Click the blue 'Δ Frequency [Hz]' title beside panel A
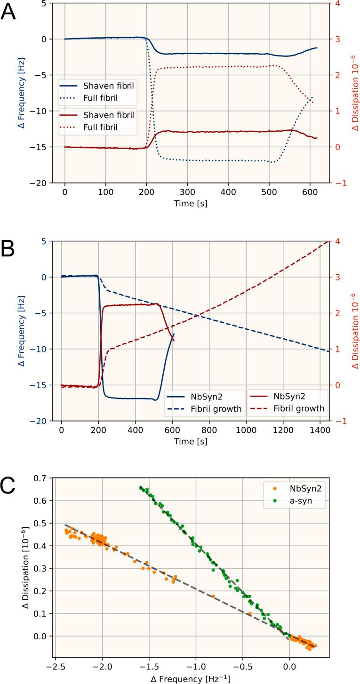coord(23,93)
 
